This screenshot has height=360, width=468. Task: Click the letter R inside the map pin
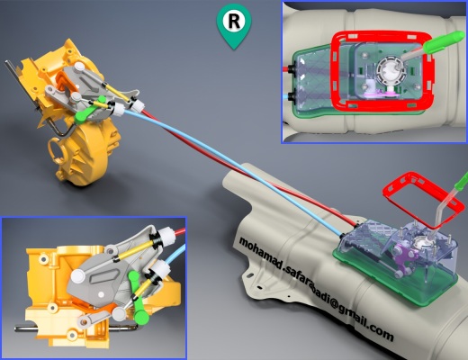[234, 22]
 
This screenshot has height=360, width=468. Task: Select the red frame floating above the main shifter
[388, 188]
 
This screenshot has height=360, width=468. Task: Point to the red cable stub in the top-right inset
[287, 68]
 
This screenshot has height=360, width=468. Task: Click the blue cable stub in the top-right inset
[285, 97]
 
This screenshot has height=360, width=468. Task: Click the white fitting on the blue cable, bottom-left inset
[159, 267]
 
